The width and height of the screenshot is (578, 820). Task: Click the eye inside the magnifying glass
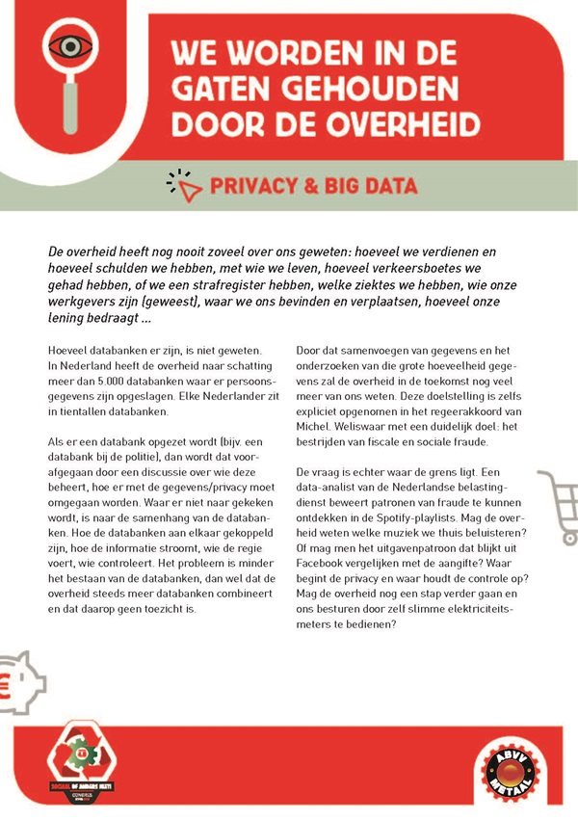tap(66, 45)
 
